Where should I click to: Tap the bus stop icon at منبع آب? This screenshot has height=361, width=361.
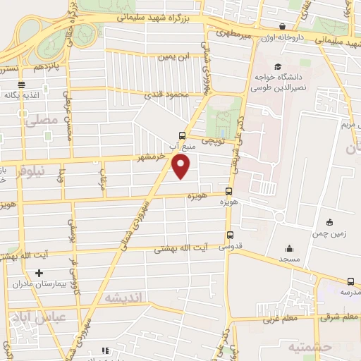pyautogui.click(x=183, y=135)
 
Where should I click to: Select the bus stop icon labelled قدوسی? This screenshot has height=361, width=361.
pyautogui.click(x=230, y=235)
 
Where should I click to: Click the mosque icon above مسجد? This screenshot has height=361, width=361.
pyautogui.click(x=289, y=248)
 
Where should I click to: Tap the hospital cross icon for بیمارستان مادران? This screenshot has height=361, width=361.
pyautogui.click(x=39, y=273)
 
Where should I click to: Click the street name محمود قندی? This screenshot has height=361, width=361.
pyautogui.click(x=164, y=93)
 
